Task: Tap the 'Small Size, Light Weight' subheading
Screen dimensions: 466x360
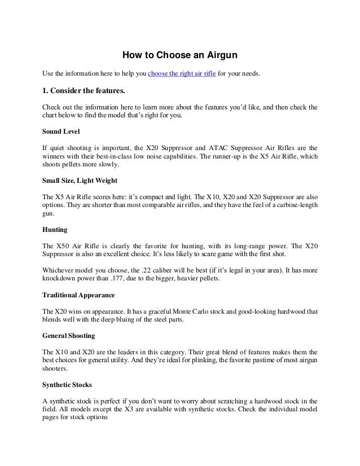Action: (80, 182)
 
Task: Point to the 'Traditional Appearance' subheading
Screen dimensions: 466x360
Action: (78, 294)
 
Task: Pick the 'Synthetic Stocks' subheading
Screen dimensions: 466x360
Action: (68, 385)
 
